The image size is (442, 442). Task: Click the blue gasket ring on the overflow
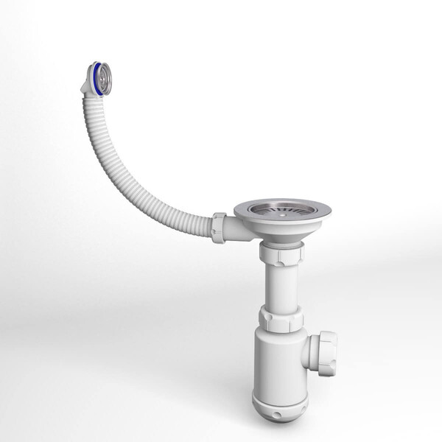(x=94, y=76)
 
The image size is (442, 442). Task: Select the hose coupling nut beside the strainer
(x=219, y=227)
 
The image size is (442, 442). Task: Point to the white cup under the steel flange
(x=281, y=234)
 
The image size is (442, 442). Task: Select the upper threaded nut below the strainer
(x=281, y=254)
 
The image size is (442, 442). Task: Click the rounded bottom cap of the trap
(x=281, y=402)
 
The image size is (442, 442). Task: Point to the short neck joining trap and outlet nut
(x=310, y=349)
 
